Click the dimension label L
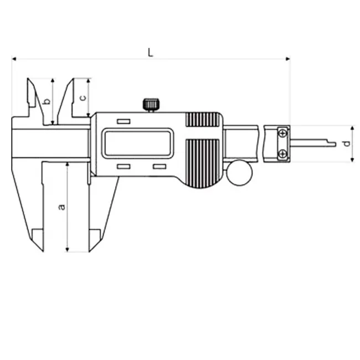click(x=150, y=53)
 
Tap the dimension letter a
click(x=61, y=207)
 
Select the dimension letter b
click(x=47, y=101)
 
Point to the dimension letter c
click(x=83, y=97)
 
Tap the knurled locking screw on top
click(x=151, y=105)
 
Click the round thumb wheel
click(x=239, y=173)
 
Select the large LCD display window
click(x=137, y=143)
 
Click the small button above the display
click(x=124, y=121)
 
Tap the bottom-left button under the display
click(x=124, y=167)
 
